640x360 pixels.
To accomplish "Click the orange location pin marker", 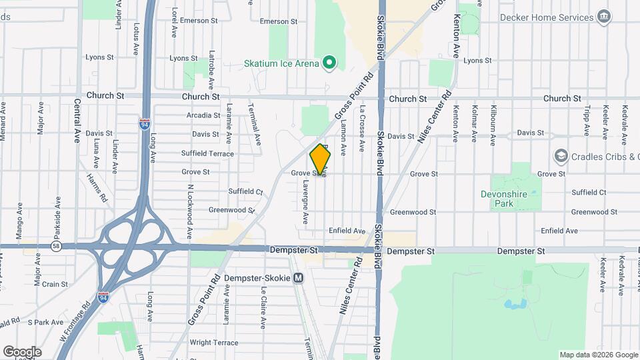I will (x=321, y=159).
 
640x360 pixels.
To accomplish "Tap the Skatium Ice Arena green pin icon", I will (x=329, y=63).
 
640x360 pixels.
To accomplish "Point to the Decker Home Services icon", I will (x=605, y=16).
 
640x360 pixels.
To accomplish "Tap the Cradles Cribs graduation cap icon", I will (x=561, y=157).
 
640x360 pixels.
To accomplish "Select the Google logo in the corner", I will (x=22, y=351).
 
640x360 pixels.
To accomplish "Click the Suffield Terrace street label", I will (x=207, y=153).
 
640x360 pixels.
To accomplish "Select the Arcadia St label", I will (x=204, y=115).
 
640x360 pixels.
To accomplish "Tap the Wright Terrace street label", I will (x=213, y=343).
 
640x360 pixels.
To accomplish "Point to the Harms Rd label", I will (x=96, y=188).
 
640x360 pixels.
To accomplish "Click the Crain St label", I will (x=55, y=284).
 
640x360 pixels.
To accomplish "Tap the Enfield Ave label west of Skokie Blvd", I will (x=347, y=231).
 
